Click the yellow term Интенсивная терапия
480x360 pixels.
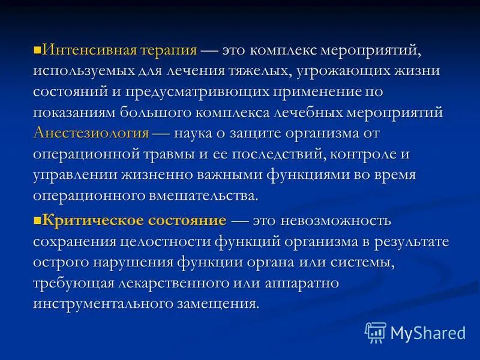[120, 50]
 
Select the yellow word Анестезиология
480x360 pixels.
[91, 133]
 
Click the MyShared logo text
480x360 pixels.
[428, 332]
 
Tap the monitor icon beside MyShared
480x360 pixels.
[376, 332]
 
